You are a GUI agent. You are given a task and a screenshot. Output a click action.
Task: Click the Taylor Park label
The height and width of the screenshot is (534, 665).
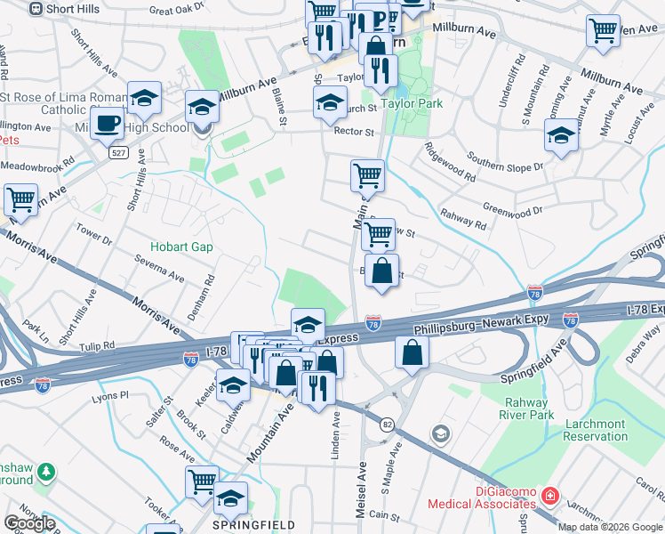(412, 104)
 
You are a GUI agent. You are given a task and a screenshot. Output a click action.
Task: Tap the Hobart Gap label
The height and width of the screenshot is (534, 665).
(181, 247)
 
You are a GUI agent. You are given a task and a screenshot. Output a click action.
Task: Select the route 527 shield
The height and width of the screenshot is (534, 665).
(117, 153)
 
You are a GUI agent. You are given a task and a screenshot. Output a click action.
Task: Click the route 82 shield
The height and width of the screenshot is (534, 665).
(387, 425)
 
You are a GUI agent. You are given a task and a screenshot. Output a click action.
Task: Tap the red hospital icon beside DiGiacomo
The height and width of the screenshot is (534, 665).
(551, 494)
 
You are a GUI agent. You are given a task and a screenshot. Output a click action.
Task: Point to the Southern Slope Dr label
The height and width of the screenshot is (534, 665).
(504, 166)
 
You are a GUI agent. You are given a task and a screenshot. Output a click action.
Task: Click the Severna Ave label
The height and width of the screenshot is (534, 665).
(159, 270)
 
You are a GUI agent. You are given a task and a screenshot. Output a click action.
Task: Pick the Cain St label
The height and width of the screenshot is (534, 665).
(384, 515)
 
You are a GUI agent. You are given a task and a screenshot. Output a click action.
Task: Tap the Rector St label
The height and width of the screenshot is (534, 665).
(354, 132)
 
